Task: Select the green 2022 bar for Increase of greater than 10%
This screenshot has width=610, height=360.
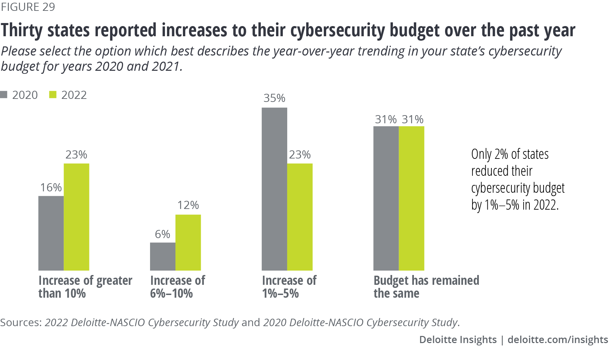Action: (x=77, y=217)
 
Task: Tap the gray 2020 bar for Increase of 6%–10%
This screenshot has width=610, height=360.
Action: (x=163, y=256)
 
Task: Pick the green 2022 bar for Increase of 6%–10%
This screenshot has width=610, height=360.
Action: (x=188, y=242)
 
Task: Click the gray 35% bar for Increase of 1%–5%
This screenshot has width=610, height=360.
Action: (x=274, y=189)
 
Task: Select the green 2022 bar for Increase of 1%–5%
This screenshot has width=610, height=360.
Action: (x=300, y=217)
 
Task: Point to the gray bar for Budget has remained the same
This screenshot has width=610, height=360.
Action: (x=386, y=198)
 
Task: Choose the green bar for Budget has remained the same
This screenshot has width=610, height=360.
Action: (x=412, y=198)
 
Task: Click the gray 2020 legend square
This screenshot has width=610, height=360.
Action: (x=4, y=95)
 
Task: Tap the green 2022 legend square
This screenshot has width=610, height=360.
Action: (x=53, y=95)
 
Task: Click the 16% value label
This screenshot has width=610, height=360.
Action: (x=51, y=188)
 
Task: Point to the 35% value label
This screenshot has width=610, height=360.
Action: (x=274, y=98)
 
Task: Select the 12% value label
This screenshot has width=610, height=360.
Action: (x=188, y=205)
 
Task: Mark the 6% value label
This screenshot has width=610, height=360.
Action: (x=163, y=234)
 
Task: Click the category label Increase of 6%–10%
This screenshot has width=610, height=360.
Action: (x=177, y=287)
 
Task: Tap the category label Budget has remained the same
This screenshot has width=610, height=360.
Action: (x=426, y=287)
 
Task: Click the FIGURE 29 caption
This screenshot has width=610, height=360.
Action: (x=28, y=7)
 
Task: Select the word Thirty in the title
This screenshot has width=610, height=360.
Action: (x=22, y=30)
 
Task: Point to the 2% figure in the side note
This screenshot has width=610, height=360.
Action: (x=501, y=154)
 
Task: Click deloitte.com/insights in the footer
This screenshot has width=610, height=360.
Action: (x=558, y=339)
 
